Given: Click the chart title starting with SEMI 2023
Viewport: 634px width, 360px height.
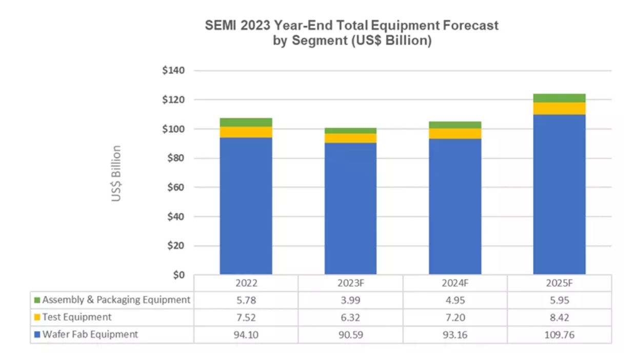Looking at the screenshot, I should [351, 33].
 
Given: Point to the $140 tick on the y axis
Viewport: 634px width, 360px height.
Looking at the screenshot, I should [174, 70].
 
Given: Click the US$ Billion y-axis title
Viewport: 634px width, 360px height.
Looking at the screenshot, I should [116, 173].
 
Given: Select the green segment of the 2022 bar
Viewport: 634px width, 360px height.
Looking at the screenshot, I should [246, 122].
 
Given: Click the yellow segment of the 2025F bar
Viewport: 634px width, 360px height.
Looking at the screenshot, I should [559, 108].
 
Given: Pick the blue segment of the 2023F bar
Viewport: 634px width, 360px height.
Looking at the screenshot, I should [351, 208].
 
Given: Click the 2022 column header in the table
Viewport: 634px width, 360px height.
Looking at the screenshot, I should [246, 283].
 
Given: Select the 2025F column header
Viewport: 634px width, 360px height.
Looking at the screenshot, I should [559, 283].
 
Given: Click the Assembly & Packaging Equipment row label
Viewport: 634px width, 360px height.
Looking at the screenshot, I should [116, 299].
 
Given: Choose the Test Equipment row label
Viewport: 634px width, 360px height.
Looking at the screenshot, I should [77, 317].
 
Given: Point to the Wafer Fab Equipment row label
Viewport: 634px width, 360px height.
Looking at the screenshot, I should [90, 334].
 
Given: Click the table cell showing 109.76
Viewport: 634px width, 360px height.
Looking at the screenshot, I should [559, 334].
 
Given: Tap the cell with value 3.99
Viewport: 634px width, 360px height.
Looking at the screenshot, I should [351, 299].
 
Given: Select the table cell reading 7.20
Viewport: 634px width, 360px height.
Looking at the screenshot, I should [455, 317].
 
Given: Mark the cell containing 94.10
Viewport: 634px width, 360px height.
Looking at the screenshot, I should [246, 334].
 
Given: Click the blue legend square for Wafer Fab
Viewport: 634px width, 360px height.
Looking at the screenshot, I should [37, 335].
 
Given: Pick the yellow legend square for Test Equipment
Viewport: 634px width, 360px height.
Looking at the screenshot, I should [37, 317].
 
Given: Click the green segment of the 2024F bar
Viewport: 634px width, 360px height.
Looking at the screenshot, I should [455, 125].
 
